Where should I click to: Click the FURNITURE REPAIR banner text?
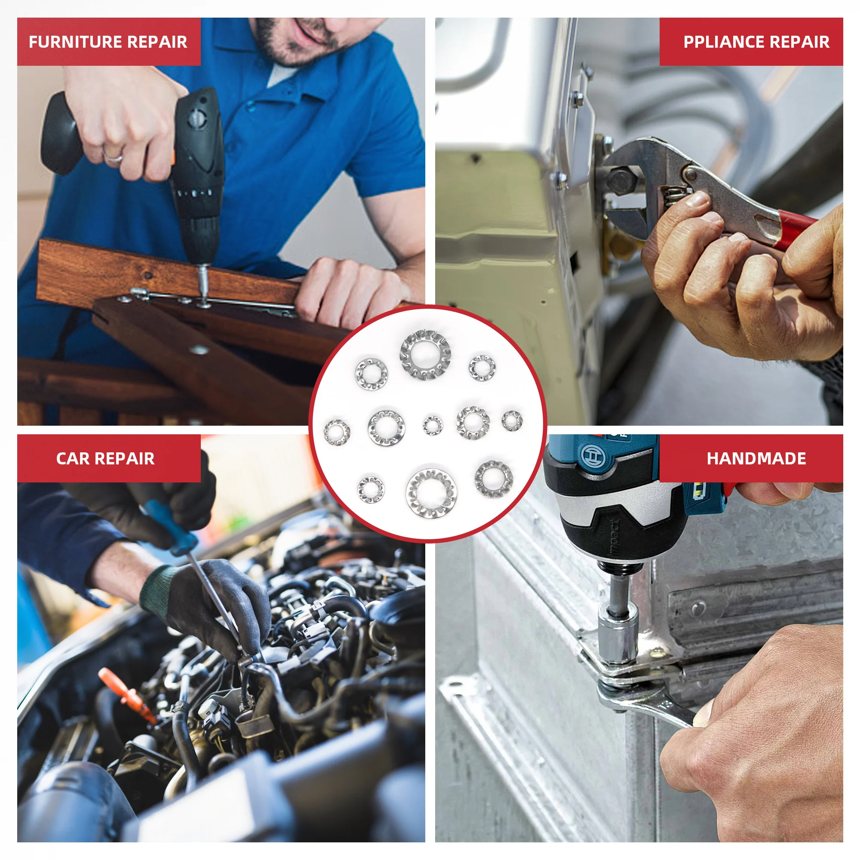point(108,42)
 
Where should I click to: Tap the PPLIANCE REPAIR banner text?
point(756,42)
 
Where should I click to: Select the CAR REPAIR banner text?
point(105,458)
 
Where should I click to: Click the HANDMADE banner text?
point(756,458)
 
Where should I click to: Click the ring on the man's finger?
point(113,156)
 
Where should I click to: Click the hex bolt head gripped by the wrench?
point(621,180)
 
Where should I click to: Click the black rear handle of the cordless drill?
point(58,133)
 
